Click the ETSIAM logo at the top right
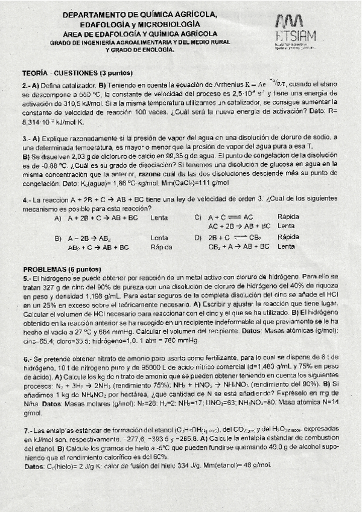click(x=296, y=31)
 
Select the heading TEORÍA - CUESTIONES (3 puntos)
click(x=66, y=72)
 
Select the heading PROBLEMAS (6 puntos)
click(x=62, y=269)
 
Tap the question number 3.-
click(x=27, y=138)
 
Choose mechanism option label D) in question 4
click(x=198, y=238)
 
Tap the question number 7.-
click(x=27, y=432)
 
